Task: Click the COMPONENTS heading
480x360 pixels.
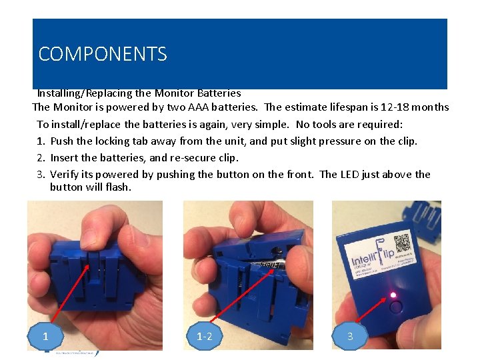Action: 103,54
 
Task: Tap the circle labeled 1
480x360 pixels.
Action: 45,336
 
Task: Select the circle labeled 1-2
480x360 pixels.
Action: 205,336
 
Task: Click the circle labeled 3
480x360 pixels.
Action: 350,336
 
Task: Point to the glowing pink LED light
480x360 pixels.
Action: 393,295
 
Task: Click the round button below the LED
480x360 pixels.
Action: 396,307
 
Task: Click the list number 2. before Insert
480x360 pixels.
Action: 41,158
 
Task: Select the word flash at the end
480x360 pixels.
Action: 119,187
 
